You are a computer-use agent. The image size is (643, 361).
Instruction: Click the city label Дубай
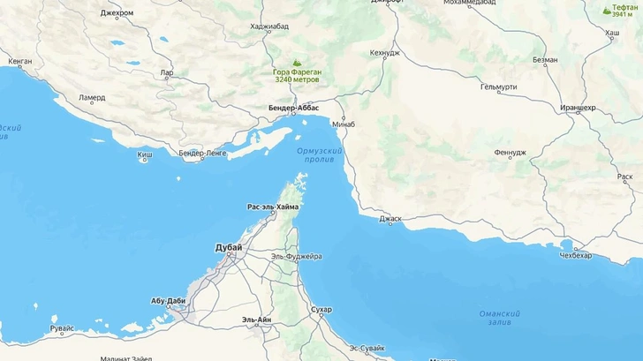tap(228, 248)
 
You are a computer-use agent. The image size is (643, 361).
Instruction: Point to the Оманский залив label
tap(499, 319)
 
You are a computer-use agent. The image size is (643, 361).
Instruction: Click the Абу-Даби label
tap(168, 301)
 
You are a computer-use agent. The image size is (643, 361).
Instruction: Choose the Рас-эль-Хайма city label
tap(273, 207)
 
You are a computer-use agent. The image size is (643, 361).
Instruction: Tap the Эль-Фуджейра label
tap(297, 256)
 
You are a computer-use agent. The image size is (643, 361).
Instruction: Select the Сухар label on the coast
tap(321, 310)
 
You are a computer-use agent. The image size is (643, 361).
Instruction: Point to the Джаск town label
tap(390, 218)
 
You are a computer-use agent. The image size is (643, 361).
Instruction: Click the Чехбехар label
tap(575, 254)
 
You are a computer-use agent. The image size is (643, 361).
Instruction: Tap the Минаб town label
tap(344, 124)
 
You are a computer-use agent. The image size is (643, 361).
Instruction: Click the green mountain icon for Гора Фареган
tap(296, 63)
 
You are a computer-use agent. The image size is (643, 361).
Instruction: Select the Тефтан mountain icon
tap(606, 11)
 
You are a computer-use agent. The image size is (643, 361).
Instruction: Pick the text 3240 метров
tap(296, 80)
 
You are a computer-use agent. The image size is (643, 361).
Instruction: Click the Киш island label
tap(144, 157)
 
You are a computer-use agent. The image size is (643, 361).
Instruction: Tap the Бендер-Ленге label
tap(202, 154)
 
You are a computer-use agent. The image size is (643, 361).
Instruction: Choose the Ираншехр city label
tap(578, 108)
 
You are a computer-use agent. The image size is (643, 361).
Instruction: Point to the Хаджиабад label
tap(269, 26)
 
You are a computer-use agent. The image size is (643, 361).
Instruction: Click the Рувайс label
tap(62, 329)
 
